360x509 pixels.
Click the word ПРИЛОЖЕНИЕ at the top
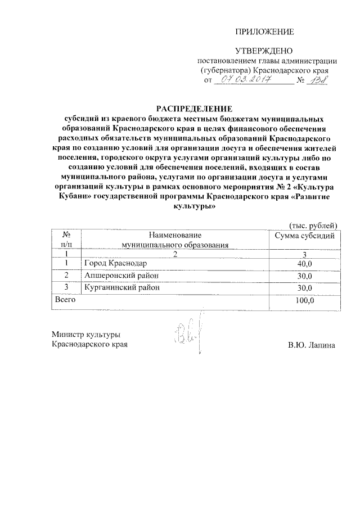(264, 31)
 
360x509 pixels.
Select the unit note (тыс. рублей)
(313, 224)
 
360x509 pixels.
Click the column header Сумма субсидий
(304, 235)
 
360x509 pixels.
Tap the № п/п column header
(66, 240)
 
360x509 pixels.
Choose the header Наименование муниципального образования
(175, 240)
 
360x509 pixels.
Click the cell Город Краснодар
(115, 263)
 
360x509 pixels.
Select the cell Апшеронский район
(121, 276)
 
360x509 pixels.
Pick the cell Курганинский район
(122, 288)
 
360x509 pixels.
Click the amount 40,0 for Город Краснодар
(304, 264)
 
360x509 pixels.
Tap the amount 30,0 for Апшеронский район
(304, 276)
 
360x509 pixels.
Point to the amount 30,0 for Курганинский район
(304, 289)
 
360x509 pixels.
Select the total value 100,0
(304, 300)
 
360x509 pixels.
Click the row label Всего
(64, 300)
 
